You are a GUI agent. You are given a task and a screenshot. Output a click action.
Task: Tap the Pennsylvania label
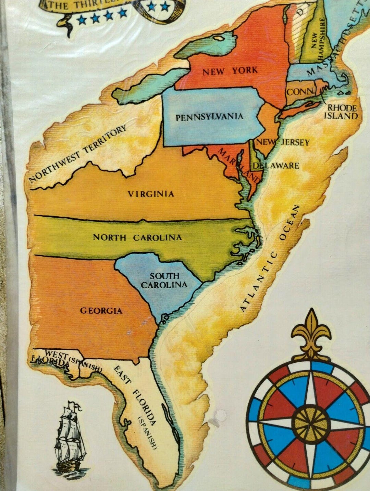[x=209, y=117]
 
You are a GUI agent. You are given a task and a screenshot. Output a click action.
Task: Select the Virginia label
[x=151, y=194]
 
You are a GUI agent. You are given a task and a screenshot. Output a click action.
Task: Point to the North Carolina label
[x=137, y=237]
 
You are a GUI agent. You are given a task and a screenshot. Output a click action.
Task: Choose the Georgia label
[x=101, y=311]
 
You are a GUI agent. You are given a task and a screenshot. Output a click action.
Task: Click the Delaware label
[x=276, y=166]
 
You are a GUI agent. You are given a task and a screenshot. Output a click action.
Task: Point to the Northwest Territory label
[x=77, y=154]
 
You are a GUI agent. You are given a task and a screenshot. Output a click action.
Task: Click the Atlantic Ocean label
[x=270, y=258]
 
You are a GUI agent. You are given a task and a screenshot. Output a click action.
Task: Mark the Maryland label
[x=239, y=165]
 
